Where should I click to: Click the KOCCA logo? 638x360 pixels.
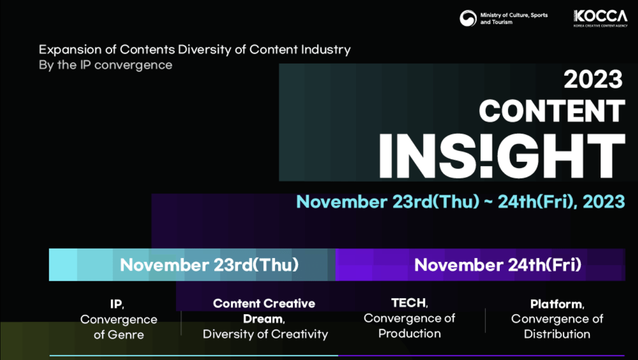point(601,18)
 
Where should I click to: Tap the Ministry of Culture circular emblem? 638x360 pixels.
point(468,18)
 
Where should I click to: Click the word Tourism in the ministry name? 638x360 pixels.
point(502,22)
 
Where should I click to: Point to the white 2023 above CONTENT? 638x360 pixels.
point(593,79)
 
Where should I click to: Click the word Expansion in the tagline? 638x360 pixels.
point(70,50)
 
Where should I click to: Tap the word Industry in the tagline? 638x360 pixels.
point(326,50)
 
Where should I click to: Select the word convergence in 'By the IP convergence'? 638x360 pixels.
point(134,66)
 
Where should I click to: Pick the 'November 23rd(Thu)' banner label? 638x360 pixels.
point(209,264)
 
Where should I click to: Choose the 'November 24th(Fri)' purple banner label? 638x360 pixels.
point(498,264)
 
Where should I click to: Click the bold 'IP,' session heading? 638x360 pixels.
point(117,304)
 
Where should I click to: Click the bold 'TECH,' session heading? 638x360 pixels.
point(409,303)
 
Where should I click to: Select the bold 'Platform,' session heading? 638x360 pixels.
point(557,304)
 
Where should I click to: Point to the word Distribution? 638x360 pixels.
point(557,334)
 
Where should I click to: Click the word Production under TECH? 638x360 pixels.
point(409,333)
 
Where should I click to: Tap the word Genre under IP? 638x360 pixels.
point(126,335)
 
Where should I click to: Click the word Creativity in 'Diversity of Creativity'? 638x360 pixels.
point(300,335)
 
